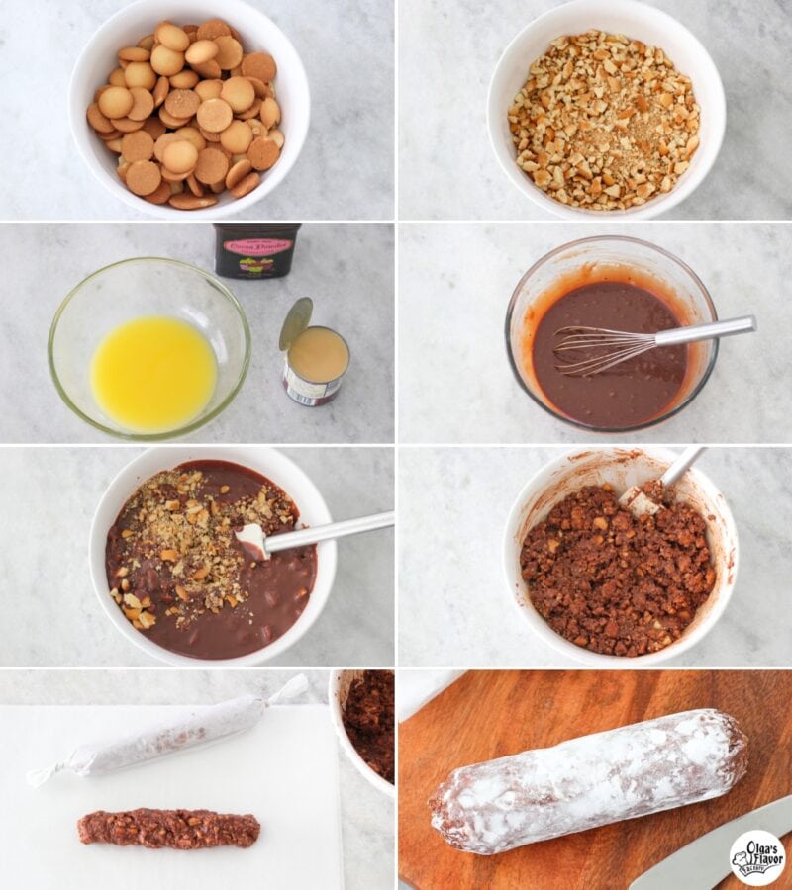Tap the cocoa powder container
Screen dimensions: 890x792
coord(256,251)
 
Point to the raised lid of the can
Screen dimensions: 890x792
coord(295,322)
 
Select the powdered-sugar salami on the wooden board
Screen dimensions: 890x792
coord(589,781)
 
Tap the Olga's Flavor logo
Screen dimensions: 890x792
coord(757,856)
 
